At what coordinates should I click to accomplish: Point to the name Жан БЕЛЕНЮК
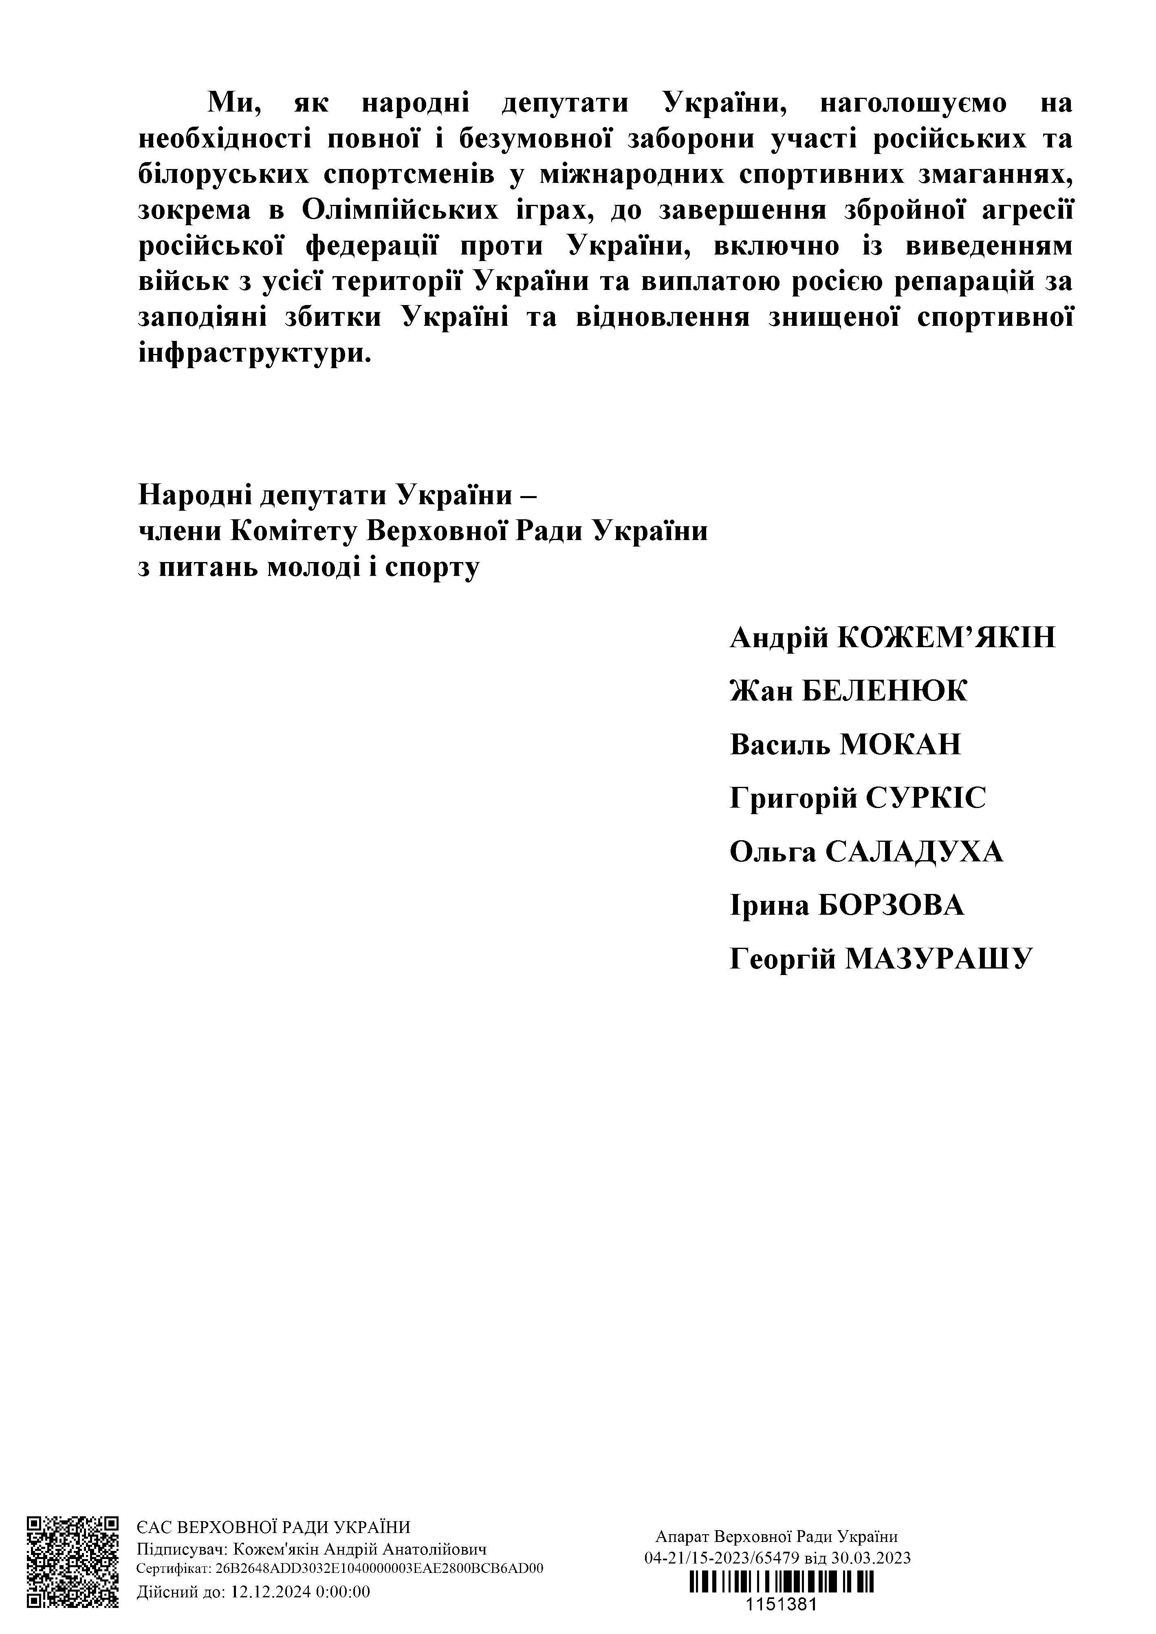click(848, 691)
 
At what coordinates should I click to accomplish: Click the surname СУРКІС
click(925, 799)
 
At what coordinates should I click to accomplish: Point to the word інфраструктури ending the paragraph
click(254, 354)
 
